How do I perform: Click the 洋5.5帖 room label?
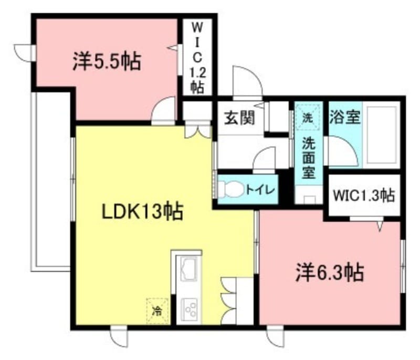pyautogui.click(x=107, y=63)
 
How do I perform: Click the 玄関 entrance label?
pyautogui.click(x=240, y=118)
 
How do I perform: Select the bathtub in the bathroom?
pyautogui.click(x=382, y=135)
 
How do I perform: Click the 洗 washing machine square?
pyautogui.click(x=308, y=117)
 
